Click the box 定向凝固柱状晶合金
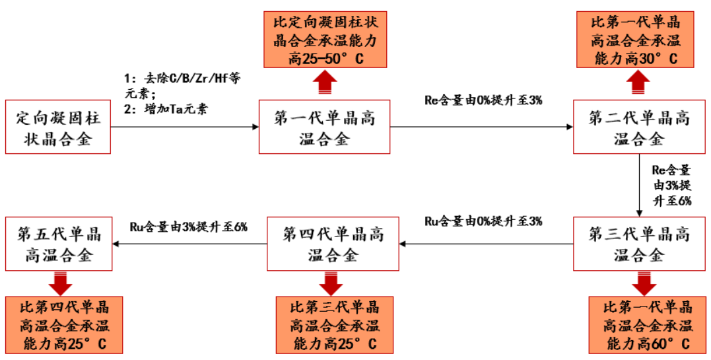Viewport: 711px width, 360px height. [57, 127]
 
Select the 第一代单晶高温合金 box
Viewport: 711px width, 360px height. [324, 127]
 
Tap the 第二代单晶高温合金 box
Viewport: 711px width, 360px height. [638, 127]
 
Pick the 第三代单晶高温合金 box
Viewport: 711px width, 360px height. [638, 243]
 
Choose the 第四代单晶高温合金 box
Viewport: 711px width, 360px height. [333, 243]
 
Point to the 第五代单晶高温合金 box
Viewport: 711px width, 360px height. [59, 243]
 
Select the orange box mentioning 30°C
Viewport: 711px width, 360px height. [636, 40]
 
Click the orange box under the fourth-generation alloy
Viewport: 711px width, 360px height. [334, 325]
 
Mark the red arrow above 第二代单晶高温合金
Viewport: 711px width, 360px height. [638, 83]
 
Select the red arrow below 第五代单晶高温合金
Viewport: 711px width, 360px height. [61, 283]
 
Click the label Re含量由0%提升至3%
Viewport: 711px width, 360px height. [483, 101]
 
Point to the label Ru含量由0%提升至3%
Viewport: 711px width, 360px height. [483, 221]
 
